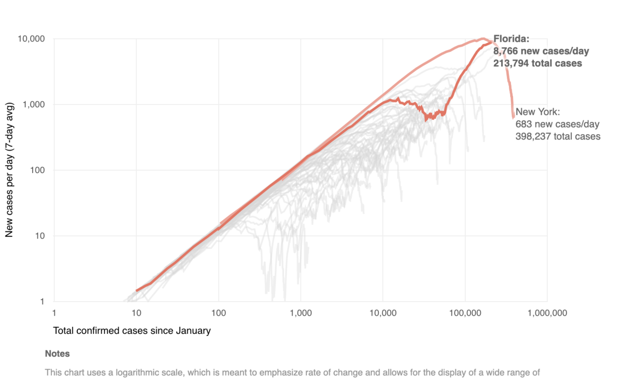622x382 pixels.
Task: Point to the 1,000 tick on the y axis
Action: (x=36, y=105)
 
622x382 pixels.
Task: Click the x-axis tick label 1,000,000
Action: (x=547, y=313)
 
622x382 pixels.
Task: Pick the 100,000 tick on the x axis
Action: (x=465, y=313)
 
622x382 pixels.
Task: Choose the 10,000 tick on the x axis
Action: (x=383, y=313)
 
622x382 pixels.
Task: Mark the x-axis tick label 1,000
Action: (x=301, y=313)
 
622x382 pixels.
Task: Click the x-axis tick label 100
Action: (x=219, y=313)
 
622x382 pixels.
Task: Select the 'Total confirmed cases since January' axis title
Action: (x=132, y=330)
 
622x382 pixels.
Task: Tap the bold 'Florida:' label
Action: (x=512, y=39)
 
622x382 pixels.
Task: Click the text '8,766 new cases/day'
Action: (x=541, y=51)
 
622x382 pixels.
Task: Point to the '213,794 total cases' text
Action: (x=538, y=63)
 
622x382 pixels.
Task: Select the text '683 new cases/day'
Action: (x=557, y=124)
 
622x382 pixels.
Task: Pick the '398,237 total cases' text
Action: (x=558, y=136)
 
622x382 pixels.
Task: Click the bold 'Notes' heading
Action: (x=57, y=354)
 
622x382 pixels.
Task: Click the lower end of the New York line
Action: (x=513, y=117)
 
